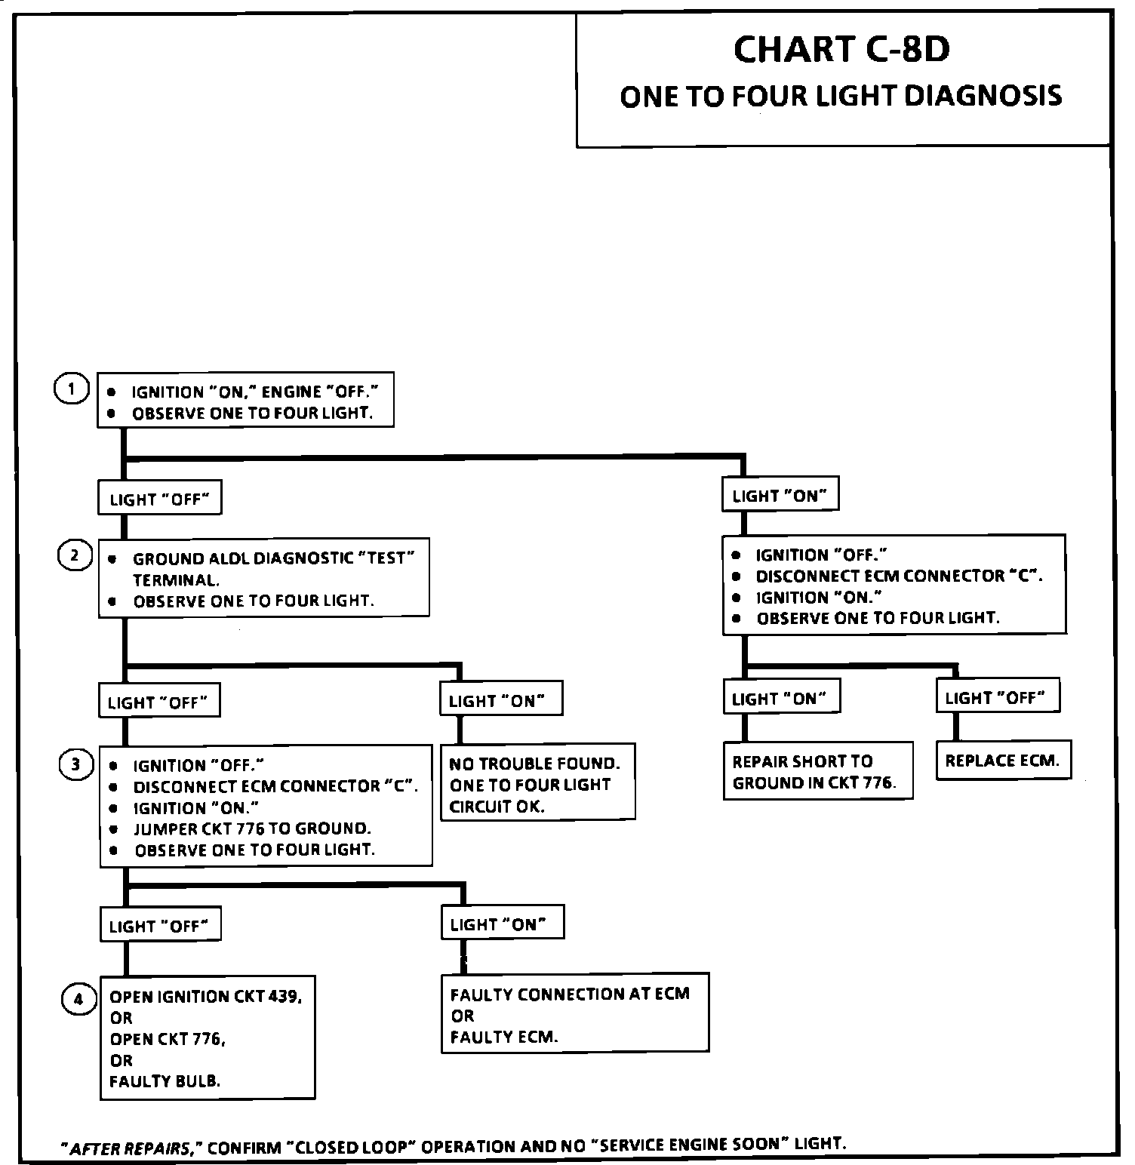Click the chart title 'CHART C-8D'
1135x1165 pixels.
pyautogui.click(x=841, y=50)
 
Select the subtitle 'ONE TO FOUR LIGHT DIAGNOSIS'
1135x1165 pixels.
pyautogui.click(x=841, y=97)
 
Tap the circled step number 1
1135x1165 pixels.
pyautogui.click(x=72, y=389)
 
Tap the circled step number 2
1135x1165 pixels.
pyautogui.click(x=74, y=556)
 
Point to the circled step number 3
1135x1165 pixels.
pyautogui.click(x=75, y=765)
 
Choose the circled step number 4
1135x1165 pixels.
pyautogui.click(x=78, y=1001)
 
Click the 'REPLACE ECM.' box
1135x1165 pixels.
pyautogui.click(x=1003, y=761)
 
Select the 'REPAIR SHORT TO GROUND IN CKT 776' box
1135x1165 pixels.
pyautogui.click(x=818, y=771)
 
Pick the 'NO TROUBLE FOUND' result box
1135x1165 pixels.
pyautogui.click(x=538, y=782)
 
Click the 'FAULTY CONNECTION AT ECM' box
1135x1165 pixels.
pyautogui.click(x=575, y=1013)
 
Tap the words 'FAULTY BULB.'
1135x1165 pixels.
pyautogui.click(x=165, y=1081)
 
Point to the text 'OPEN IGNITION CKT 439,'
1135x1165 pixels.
pyautogui.click(x=206, y=997)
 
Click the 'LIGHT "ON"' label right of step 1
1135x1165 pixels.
pyautogui.click(x=780, y=496)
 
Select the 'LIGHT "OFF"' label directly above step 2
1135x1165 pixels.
pyautogui.click(x=159, y=499)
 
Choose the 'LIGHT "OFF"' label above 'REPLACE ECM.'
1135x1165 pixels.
pyautogui.click(x=998, y=697)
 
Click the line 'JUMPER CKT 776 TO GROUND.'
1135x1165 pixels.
pyautogui.click(x=252, y=828)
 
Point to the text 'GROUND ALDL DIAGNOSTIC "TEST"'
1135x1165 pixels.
pyautogui.click(x=274, y=558)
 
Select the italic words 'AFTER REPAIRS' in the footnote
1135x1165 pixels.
pyautogui.click(x=129, y=1149)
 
